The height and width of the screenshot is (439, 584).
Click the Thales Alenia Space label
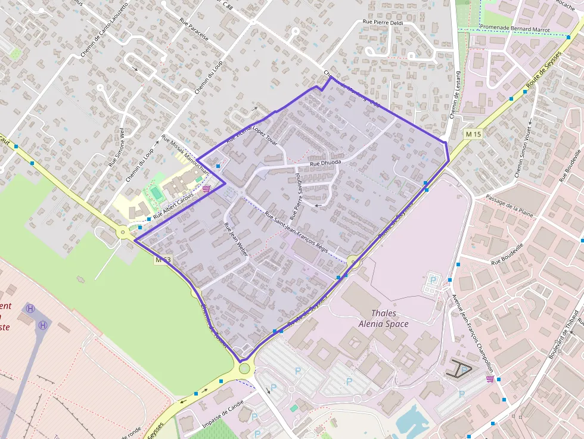pyautogui.click(x=383, y=319)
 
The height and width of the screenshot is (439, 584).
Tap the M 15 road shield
pyautogui.click(x=474, y=135)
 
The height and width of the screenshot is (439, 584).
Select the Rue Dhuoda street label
pyautogui.click(x=325, y=163)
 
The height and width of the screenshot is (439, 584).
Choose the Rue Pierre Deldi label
pyautogui.click(x=383, y=22)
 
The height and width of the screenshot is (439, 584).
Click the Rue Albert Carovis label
pyautogui.click(x=173, y=204)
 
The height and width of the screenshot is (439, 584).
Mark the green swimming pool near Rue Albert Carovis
pyautogui.click(x=156, y=192)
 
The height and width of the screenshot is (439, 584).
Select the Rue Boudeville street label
pyautogui.click(x=507, y=254)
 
